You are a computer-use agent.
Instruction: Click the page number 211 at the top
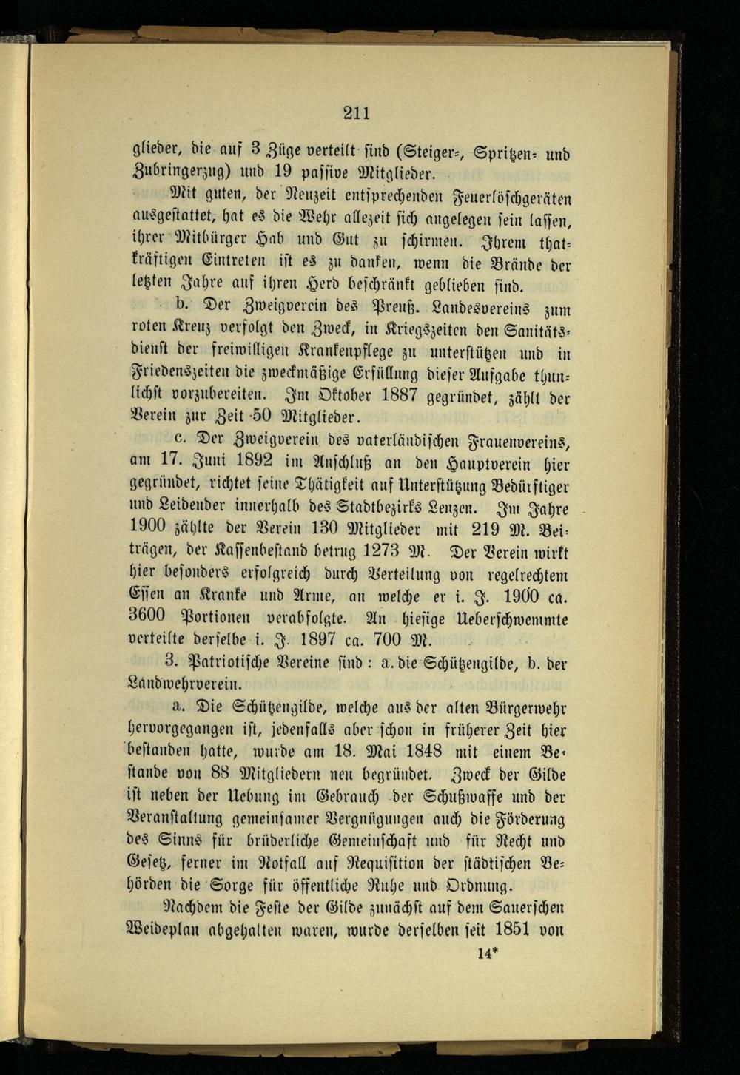point(356,113)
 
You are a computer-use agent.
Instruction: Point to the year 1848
point(411,751)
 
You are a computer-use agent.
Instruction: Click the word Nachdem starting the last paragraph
point(193,906)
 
